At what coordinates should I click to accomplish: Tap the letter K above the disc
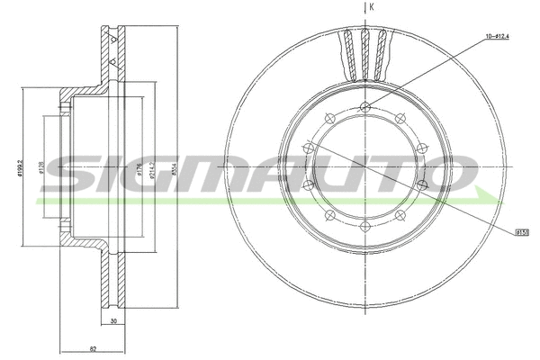click(373, 7)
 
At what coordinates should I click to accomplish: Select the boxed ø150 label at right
click(522, 231)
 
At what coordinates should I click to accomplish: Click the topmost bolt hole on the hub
click(364, 108)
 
